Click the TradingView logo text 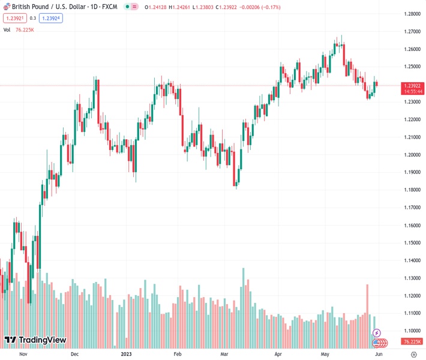pyautogui.click(x=42, y=340)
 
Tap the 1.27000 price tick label pyautogui.click(x=412, y=31)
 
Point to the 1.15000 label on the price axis pyautogui.click(x=412, y=243)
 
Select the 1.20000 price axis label pyautogui.click(x=412, y=155)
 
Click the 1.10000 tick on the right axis pyautogui.click(x=412, y=331)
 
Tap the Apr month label pyautogui.click(x=278, y=354)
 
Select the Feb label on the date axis pyautogui.click(x=177, y=354)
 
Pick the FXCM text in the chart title pyautogui.click(x=109, y=7)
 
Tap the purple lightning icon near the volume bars pyautogui.click(x=377, y=333)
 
